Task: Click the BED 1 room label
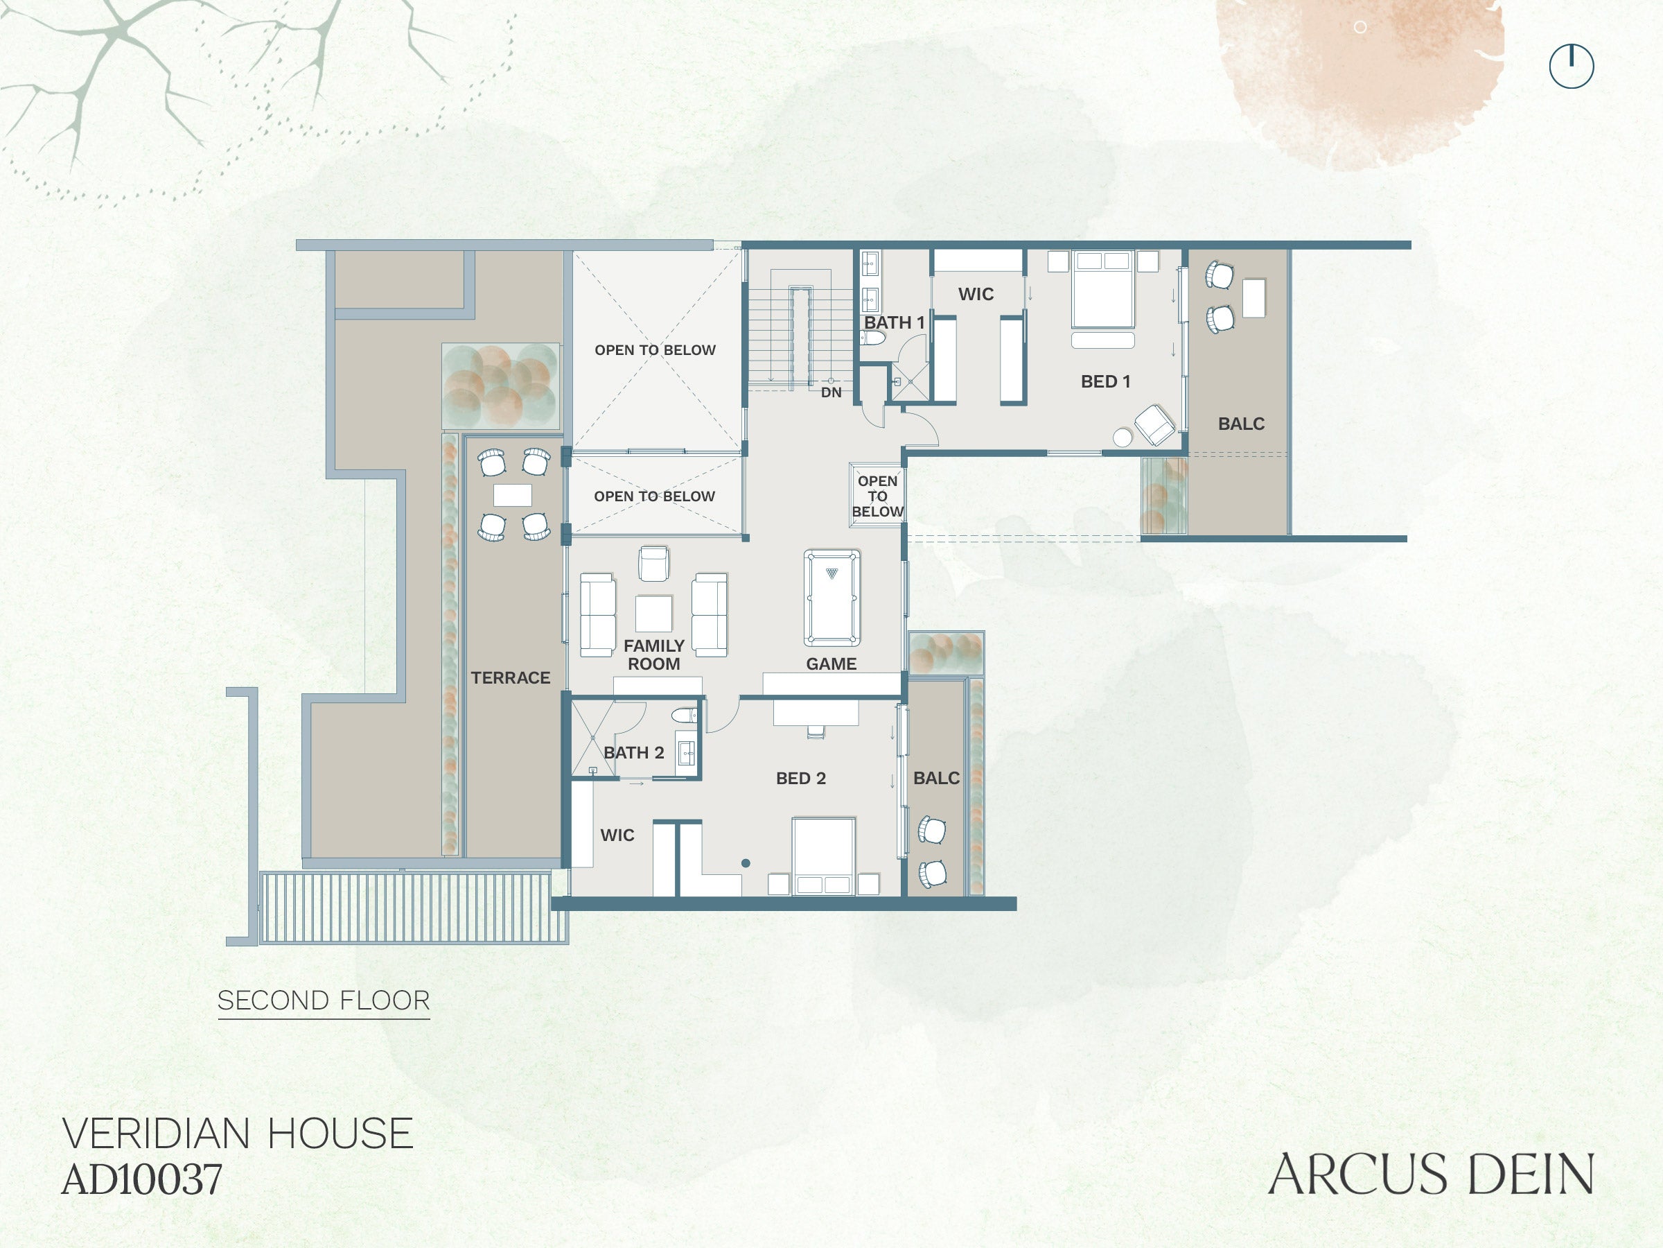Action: pyautogui.click(x=1105, y=381)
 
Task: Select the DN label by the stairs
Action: pyautogui.click(x=831, y=392)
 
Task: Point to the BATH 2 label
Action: pyautogui.click(x=634, y=752)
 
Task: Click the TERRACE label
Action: pyautogui.click(x=511, y=678)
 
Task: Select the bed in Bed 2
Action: pyautogui.click(x=822, y=856)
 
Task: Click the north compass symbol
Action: pyautogui.click(x=1572, y=66)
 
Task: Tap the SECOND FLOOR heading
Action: pyautogui.click(x=324, y=1000)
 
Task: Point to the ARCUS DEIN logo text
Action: pyautogui.click(x=1432, y=1175)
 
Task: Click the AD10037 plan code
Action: pyautogui.click(x=142, y=1179)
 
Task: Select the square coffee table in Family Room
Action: pyautogui.click(x=653, y=614)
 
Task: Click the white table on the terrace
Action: pyautogui.click(x=513, y=495)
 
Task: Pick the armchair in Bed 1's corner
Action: pyautogui.click(x=1154, y=425)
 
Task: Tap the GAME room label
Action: pyautogui.click(x=831, y=664)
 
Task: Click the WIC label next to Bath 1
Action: pyautogui.click(x=976, y=294)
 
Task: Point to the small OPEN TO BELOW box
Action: pyautogui.click(x=877, y=496)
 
